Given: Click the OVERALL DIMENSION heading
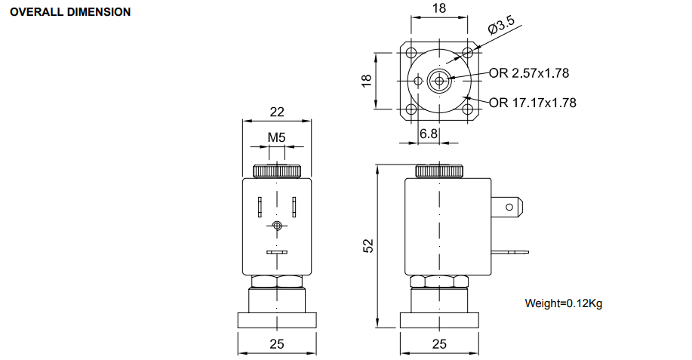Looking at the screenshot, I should coord(71,13).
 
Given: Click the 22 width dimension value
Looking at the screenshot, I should coord(277,112).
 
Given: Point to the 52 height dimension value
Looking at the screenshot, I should coord(368,246).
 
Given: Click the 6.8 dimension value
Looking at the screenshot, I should coord(429,134).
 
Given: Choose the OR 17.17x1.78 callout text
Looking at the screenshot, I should coord(532,103).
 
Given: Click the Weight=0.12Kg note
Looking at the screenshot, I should coord(563,304).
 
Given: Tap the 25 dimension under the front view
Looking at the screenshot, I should coord(277,344).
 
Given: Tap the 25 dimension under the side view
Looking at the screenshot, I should coord(439,344).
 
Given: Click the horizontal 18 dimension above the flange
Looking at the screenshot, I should coord(439,8).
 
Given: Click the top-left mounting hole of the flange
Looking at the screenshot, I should coord(411,53).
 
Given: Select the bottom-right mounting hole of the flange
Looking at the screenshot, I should coord(467,109).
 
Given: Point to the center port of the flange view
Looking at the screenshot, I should coord(438,80).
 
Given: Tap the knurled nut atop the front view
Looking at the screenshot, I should coord(277,171).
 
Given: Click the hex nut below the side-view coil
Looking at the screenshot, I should coord(439,282).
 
